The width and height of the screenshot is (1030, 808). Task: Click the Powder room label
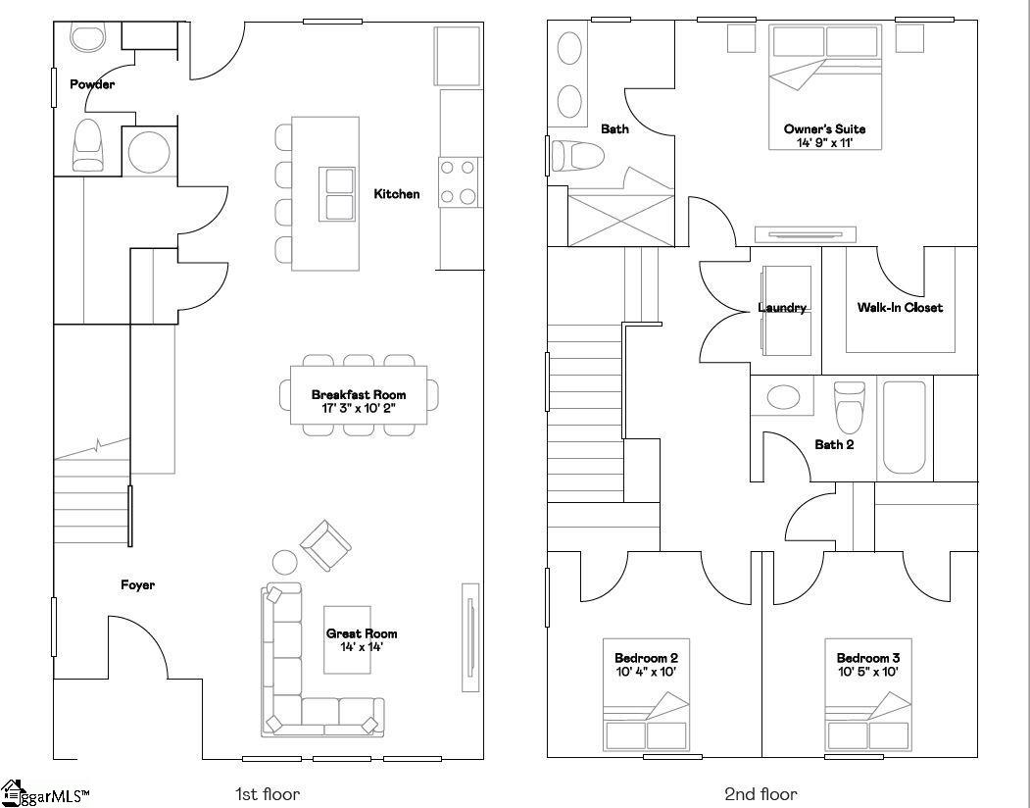tap(91, 84)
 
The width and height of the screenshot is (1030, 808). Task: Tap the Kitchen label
tap(396, 194)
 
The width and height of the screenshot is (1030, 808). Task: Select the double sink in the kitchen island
tap(337, 194)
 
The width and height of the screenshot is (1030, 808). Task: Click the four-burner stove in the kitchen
tap(459, 182)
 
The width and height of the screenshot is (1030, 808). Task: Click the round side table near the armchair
tap(284, 563)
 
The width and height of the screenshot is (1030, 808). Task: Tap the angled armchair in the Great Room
tap(325, 545)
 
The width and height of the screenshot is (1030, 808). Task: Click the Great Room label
tap(362, 633)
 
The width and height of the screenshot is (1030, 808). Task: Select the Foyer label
tap(137, 585)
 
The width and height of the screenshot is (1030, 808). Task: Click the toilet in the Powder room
tap(88, 145)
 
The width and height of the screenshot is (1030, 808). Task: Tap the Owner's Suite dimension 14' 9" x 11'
tap(824, 143)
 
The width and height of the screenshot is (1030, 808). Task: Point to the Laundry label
tap(781, 308)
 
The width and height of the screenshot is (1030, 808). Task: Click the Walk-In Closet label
tap(900, 308)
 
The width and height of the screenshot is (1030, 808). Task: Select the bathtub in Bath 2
tap(904, 429)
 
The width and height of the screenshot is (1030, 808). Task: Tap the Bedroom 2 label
tap(646, 658)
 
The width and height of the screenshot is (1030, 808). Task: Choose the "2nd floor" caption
tap(760, 794)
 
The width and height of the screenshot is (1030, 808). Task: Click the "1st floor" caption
tap(268, 794)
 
